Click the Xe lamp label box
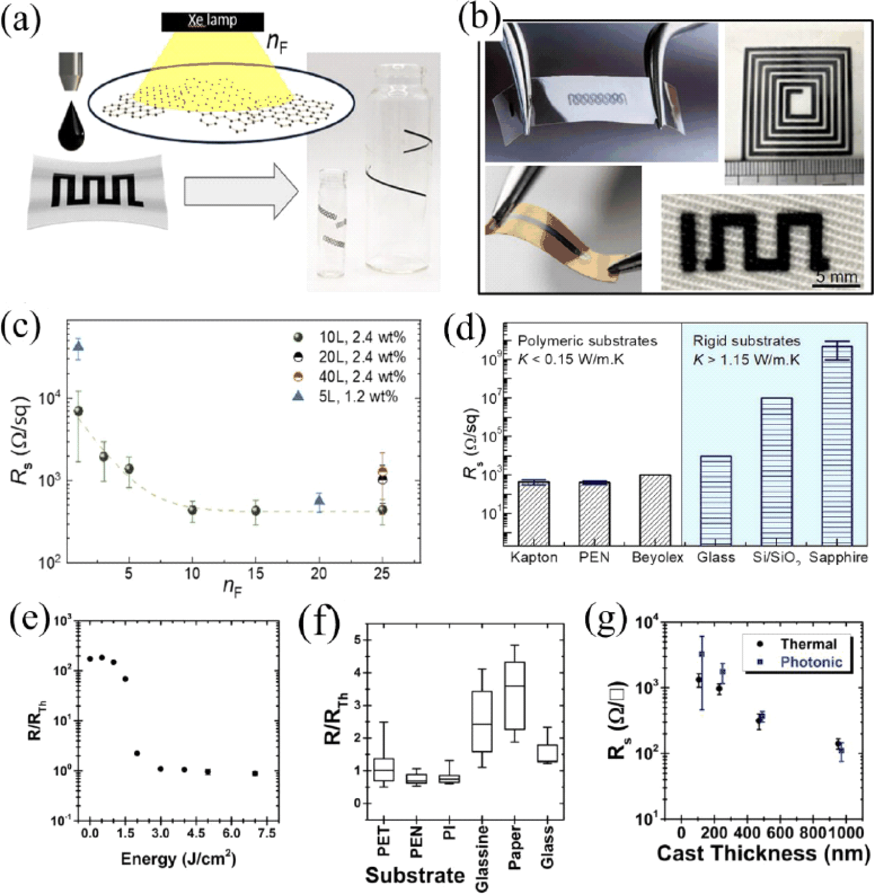tap(213, 21)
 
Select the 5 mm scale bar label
tap(836, 277)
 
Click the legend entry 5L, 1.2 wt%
tap(347, 397)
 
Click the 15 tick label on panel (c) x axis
tap(255, 573)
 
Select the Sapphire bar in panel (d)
tap(837, 445)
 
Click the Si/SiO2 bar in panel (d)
tap(776, 471)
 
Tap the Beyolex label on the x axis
tap(657, 558)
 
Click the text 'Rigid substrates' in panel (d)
tap(746, 341)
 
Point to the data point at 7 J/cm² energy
tap(255, 773)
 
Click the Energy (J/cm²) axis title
tap(178, 859)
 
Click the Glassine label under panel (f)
tap(482, 858)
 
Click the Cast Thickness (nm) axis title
tap(763, 854)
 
